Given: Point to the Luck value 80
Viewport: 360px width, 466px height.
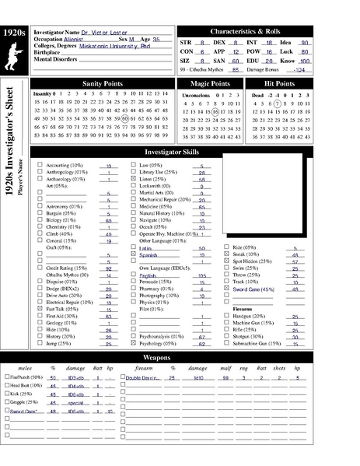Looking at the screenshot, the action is [305, 51].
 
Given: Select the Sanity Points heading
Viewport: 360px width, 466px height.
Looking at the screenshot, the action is [103, 82].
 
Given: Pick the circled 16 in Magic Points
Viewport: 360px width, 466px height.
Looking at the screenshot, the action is [215, 111].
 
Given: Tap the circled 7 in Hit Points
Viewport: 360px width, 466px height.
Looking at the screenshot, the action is [278, 103].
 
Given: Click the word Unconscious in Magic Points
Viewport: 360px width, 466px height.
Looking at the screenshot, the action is [196, 94].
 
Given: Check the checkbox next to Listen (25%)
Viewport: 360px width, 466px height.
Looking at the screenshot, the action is [134, 179].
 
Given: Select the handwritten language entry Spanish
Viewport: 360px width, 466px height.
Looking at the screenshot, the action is [149, 254].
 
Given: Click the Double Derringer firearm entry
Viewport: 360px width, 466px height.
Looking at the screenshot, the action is [140, 377].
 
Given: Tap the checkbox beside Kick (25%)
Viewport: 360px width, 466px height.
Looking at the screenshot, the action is [7, 394].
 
